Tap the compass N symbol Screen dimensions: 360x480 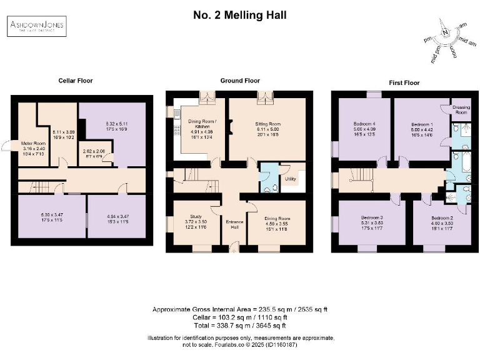point(444,34)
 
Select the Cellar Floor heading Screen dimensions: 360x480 point(76,81)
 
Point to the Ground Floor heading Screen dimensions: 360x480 point(240,81)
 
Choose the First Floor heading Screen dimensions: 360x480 point(404,81)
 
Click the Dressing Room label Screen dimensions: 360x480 point(461,110)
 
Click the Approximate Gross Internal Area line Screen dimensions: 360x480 point(240,310)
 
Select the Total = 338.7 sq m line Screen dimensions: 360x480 point(240,325)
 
